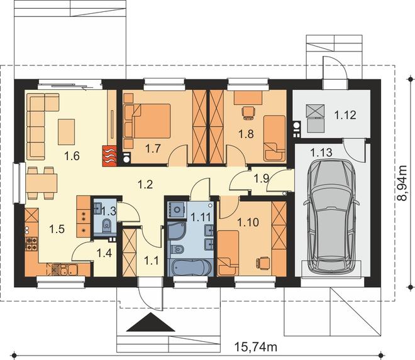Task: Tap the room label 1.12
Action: click(345, 116)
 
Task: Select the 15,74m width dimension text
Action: click(256, 347)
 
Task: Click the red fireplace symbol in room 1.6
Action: click(109, 156)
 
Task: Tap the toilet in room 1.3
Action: click(106, 226)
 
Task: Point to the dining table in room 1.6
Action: click(41, 183)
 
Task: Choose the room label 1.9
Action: click(261, 179)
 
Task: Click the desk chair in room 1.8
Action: click(249, 112)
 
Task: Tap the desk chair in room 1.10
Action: click(262, 263)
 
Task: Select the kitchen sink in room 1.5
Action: click(68, 270)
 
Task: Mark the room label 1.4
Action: click(104, 253)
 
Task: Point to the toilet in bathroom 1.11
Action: click(177, 249)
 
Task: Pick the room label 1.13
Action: click(321, 153)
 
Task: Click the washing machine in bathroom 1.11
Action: click(177, 210)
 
